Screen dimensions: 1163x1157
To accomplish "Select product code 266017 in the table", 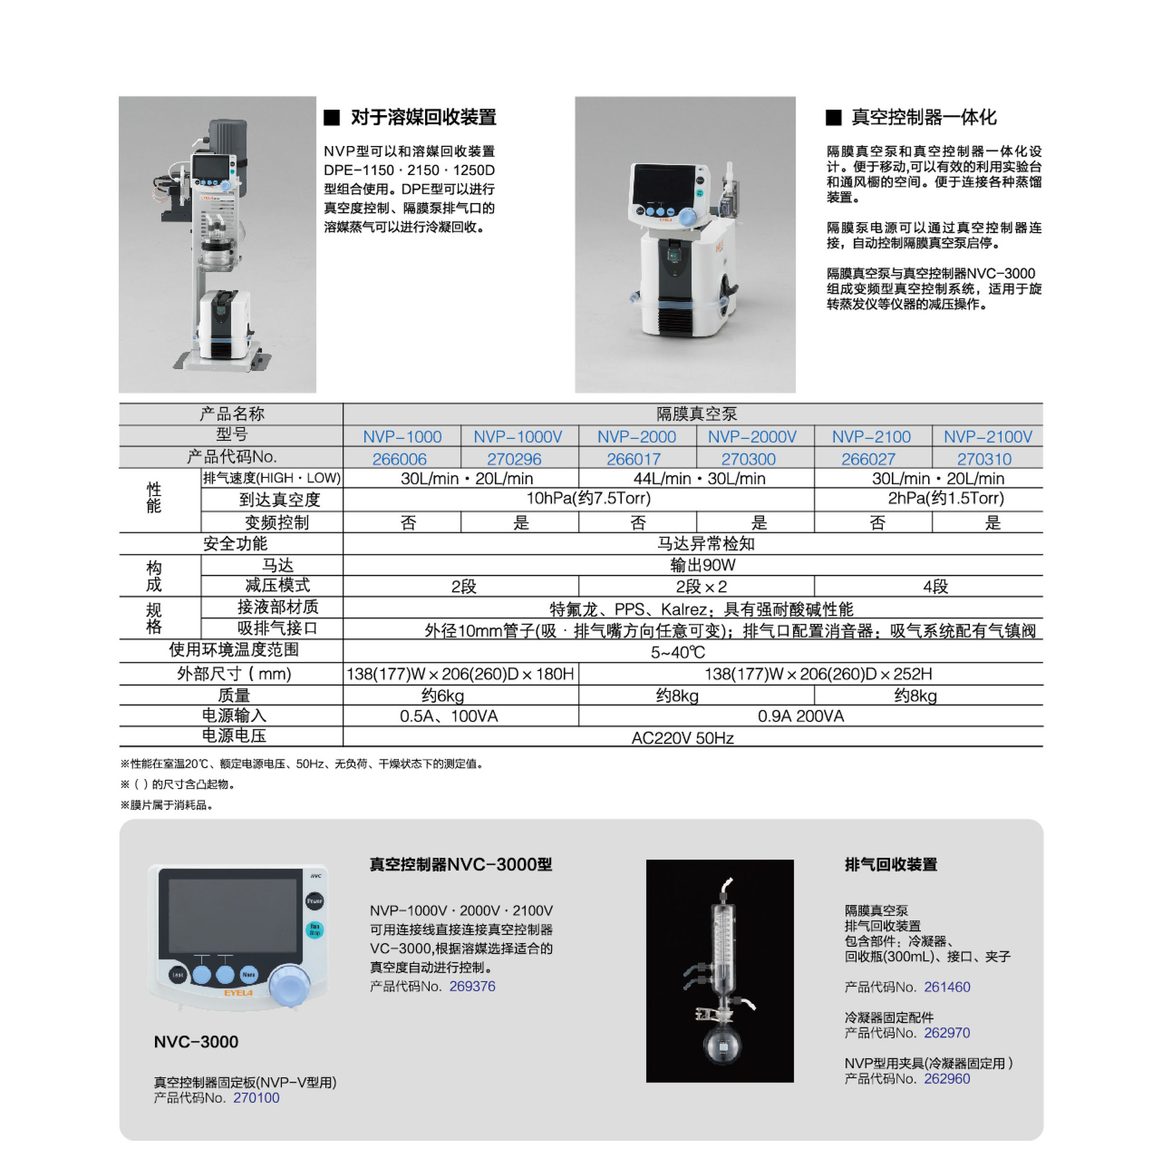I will (633, 459).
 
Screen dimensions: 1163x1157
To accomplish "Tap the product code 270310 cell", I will (983, 459).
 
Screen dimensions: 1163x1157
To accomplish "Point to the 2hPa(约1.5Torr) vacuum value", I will (945, 498).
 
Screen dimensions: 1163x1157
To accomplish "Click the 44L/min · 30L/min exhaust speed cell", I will (699, 479).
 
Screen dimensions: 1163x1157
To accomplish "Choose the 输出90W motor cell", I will (702, 565).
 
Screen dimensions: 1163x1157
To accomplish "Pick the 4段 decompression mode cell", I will (935, 586).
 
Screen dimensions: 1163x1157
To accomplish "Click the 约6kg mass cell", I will (443, 695).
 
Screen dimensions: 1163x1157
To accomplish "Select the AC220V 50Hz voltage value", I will (682, 738).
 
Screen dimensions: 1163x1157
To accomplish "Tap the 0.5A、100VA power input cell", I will (449, 716).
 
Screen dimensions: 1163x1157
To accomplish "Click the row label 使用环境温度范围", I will (234, 650).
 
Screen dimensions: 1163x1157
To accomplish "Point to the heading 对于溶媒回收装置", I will (423, 117).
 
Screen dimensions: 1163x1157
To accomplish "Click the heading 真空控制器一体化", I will (923, 117).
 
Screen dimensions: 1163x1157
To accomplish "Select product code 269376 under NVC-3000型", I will (472, 986).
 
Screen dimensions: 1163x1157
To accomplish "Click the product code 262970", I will (946, 1033).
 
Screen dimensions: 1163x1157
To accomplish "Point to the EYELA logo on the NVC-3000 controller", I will (238, 993).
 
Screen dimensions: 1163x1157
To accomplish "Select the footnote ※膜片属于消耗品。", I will (166, 805).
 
